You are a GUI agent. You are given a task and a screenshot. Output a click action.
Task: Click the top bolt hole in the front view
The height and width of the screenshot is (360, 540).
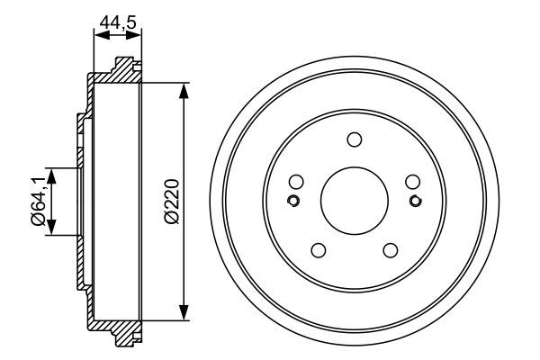click(354, 139)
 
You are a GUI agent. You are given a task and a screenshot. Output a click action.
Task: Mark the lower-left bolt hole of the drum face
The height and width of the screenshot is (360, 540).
click(319, 249)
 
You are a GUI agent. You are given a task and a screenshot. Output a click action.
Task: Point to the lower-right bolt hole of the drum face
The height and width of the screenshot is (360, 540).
click(390, 249)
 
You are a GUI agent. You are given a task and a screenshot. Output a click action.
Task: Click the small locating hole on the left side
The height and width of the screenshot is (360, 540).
click(292, 200)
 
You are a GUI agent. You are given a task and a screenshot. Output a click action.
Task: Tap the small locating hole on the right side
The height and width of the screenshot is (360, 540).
click(415, 200)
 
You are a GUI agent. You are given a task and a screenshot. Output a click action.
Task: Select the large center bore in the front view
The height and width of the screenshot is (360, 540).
click(354, 200)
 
